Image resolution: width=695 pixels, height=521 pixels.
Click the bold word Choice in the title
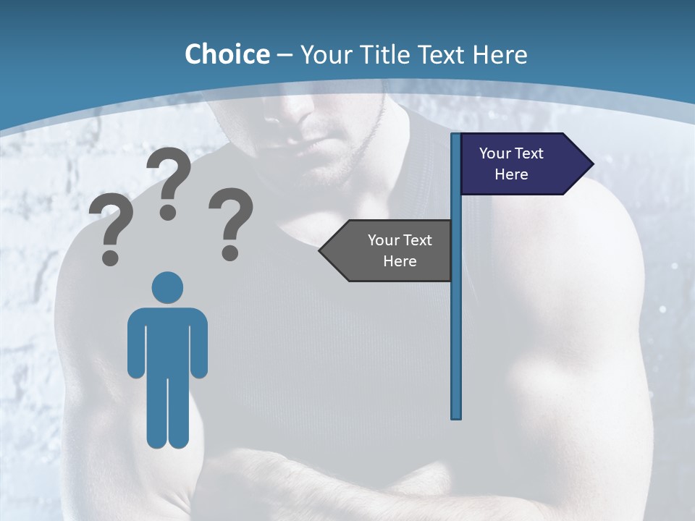227,54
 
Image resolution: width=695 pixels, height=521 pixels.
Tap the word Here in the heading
500,54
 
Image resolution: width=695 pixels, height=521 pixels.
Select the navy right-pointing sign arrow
521,164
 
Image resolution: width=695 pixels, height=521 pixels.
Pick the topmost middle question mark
169,177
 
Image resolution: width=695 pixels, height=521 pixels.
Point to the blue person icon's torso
168,340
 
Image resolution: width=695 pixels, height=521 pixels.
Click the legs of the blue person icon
168,412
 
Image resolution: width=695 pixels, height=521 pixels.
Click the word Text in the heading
441,54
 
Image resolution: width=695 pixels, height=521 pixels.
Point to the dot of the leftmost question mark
110,256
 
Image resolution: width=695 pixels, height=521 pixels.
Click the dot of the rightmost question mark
230,252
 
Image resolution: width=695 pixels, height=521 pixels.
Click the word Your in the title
325,54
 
